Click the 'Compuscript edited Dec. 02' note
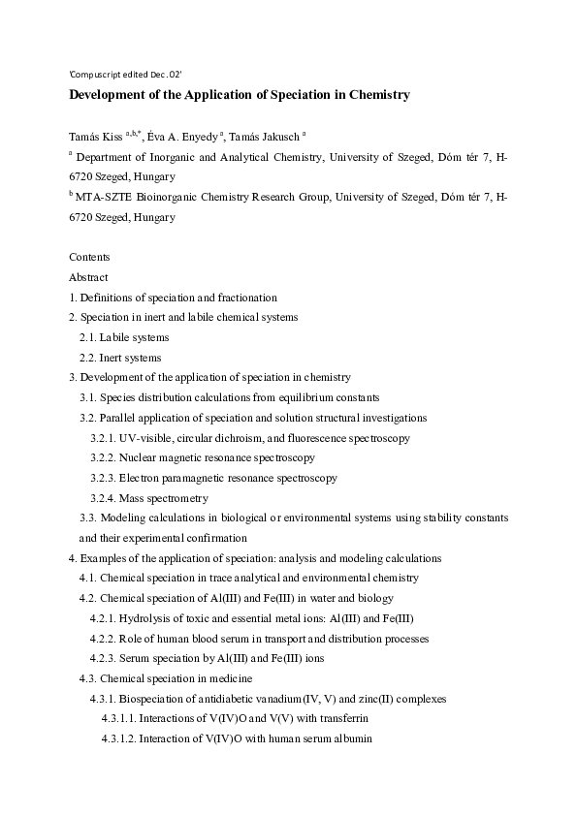click(125, 74)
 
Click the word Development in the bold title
click(111, 95)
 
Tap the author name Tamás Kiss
click(94, 137)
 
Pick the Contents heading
click(89, 257)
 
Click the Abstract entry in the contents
click(88, 277)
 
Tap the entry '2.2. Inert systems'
click(120, 358)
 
